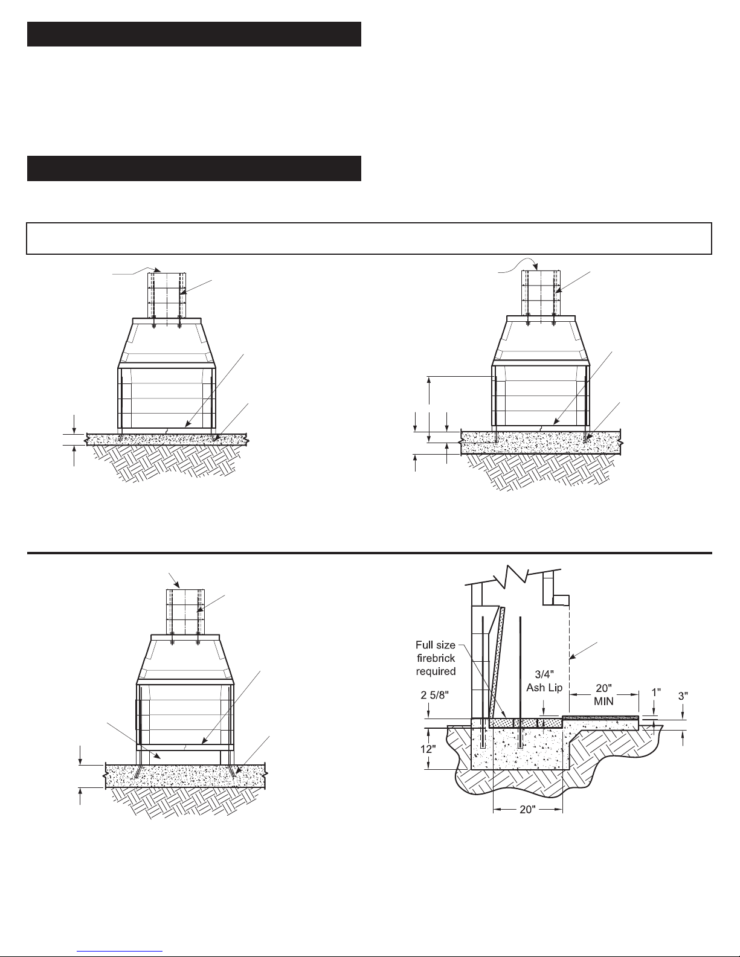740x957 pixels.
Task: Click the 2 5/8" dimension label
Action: pos(434,695)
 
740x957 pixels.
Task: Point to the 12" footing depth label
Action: pos(428,749)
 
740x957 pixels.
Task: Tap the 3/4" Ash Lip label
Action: pos(544,681)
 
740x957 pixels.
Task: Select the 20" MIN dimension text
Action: pos(603,694)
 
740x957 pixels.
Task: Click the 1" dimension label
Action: pos(656,693)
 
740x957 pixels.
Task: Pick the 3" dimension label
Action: pos(683,696)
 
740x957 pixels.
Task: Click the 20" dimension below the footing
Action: pos(527,810)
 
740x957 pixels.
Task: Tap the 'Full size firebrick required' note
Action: pos(436,658)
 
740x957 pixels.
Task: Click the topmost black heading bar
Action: pos(194,34)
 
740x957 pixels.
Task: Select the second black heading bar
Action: pos(194,168)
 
